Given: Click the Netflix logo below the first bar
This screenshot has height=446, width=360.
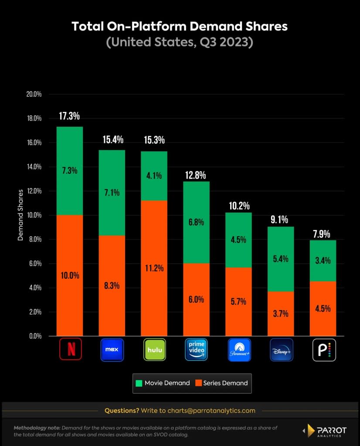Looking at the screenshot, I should pyautogui.click(x=70, y=349).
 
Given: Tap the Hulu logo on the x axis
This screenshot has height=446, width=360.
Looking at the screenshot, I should pyautogui.click(x=155, y=349).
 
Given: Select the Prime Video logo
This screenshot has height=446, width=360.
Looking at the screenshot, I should pyautogui.click(x=197, y=349).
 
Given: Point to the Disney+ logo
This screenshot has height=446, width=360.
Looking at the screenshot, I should pyautogui.click(x=282, y=349).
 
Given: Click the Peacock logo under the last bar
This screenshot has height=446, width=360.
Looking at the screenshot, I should pyautogui.click(x=324, y=349).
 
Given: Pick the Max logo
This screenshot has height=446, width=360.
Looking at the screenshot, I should pyautogui.click(x=112, y=349).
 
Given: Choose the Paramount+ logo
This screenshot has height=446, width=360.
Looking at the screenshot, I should pyautogui.click(x=239, y=349).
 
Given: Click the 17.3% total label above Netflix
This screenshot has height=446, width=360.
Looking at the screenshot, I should pyautogui.click(x=69, y=116).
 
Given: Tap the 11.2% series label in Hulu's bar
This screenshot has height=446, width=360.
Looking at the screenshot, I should pyautogui.click(x=154, y=268).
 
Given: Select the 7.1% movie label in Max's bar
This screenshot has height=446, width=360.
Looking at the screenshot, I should pyautogui.click(x=112, y=193).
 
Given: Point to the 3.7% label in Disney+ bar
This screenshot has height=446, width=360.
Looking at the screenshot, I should pyautogui.click(x=281, y=314).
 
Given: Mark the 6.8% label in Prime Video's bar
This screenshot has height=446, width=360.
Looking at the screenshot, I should pyautogui.click(x=196, y=222).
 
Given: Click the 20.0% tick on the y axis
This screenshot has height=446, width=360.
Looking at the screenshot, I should pyautogui.click(x=34, y=94).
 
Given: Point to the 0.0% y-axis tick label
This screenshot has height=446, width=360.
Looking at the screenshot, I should pyautogui.click(x=34, y=336).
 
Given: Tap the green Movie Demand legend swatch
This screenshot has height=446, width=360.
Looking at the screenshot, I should pyautogui.click(x=139, y=383).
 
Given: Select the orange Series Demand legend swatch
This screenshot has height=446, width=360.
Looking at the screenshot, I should pyautogui.click(x=198, y=383).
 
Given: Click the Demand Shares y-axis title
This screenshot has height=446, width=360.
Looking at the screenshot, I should pyautogui.click(x=20, y=215).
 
